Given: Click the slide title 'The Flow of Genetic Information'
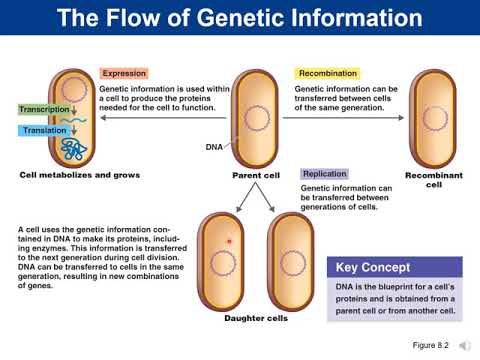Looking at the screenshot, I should point(240,18).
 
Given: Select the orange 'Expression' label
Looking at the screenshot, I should point(124,74).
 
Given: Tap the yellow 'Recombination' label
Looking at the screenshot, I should point(327,74).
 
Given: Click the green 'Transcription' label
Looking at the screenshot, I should point(45,109).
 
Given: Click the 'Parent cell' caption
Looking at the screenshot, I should point(256,175).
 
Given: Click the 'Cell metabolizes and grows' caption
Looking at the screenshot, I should point(80,175).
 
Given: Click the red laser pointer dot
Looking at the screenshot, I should point(230,241).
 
